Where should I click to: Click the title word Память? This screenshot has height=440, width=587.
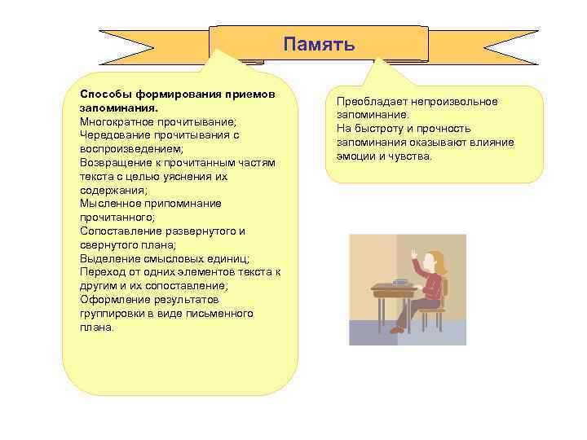[319, 44]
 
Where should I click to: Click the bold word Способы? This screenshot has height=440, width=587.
[103, 94]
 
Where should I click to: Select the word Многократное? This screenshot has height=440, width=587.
[116, 121]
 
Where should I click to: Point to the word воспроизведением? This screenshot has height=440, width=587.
[130, 149]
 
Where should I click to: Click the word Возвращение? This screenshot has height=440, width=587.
[114, 163]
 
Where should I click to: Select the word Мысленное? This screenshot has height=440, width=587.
[108, 204]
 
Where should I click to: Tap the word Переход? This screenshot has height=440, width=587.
[101, 272]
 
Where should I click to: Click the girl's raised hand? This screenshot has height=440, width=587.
[414, 254]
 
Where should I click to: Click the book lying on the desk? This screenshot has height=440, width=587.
[400, 282]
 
